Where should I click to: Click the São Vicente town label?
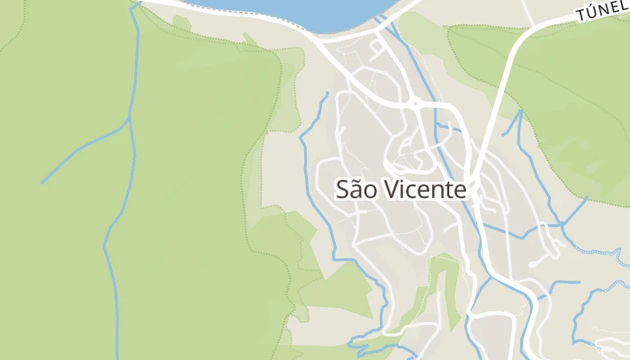click(x=401, y=190)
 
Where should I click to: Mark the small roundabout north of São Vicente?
click(x=415, y=104)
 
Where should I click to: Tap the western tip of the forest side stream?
click(x=43, y=183)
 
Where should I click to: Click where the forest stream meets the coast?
click(x=138, y=4)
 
